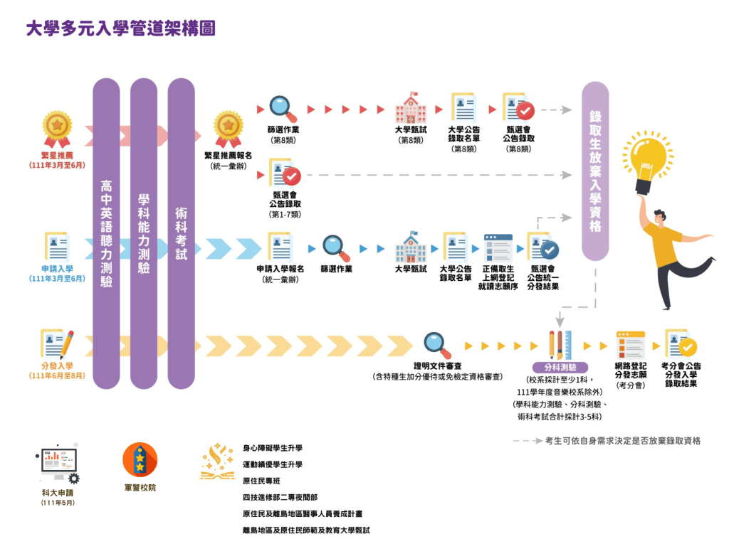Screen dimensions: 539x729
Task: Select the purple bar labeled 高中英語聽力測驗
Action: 106,235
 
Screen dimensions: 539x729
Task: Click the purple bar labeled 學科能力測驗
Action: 143,235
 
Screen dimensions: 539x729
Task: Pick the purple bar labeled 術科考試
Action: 181,235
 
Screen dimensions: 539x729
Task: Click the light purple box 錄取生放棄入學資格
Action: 595,171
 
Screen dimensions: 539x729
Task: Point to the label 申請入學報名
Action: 280,269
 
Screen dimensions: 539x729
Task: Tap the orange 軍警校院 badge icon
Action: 140,460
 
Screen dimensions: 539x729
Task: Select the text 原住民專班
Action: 263,481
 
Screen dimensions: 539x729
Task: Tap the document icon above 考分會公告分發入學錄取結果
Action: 678,344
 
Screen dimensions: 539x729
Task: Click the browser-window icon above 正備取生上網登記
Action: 498,248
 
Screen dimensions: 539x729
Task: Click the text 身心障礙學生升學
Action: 273,448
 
